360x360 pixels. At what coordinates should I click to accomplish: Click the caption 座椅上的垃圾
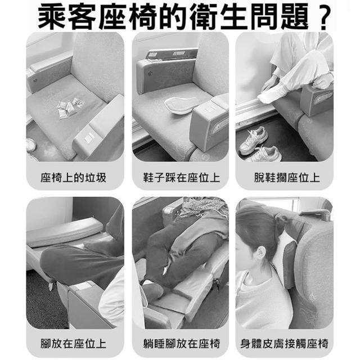click(x=74, y=178)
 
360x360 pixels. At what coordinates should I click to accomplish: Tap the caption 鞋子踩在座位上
click(x=181, y=178)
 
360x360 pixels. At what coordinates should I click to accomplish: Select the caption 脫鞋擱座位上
click(x=287, y=178)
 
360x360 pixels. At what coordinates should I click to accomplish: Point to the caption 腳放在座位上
click(x=74, y=344)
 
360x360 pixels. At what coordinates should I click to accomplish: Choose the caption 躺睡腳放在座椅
click(x=181, y=344)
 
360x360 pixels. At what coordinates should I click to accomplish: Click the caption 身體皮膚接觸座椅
click(x=284, y=344)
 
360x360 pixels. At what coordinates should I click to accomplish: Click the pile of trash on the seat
click(x=70, y=107)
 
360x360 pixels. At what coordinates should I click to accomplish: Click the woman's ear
click(x=261, y=254)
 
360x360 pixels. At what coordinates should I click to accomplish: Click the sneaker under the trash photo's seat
click(x=31, y=145)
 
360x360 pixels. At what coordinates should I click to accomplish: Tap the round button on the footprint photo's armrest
click(x=150, y=73)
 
